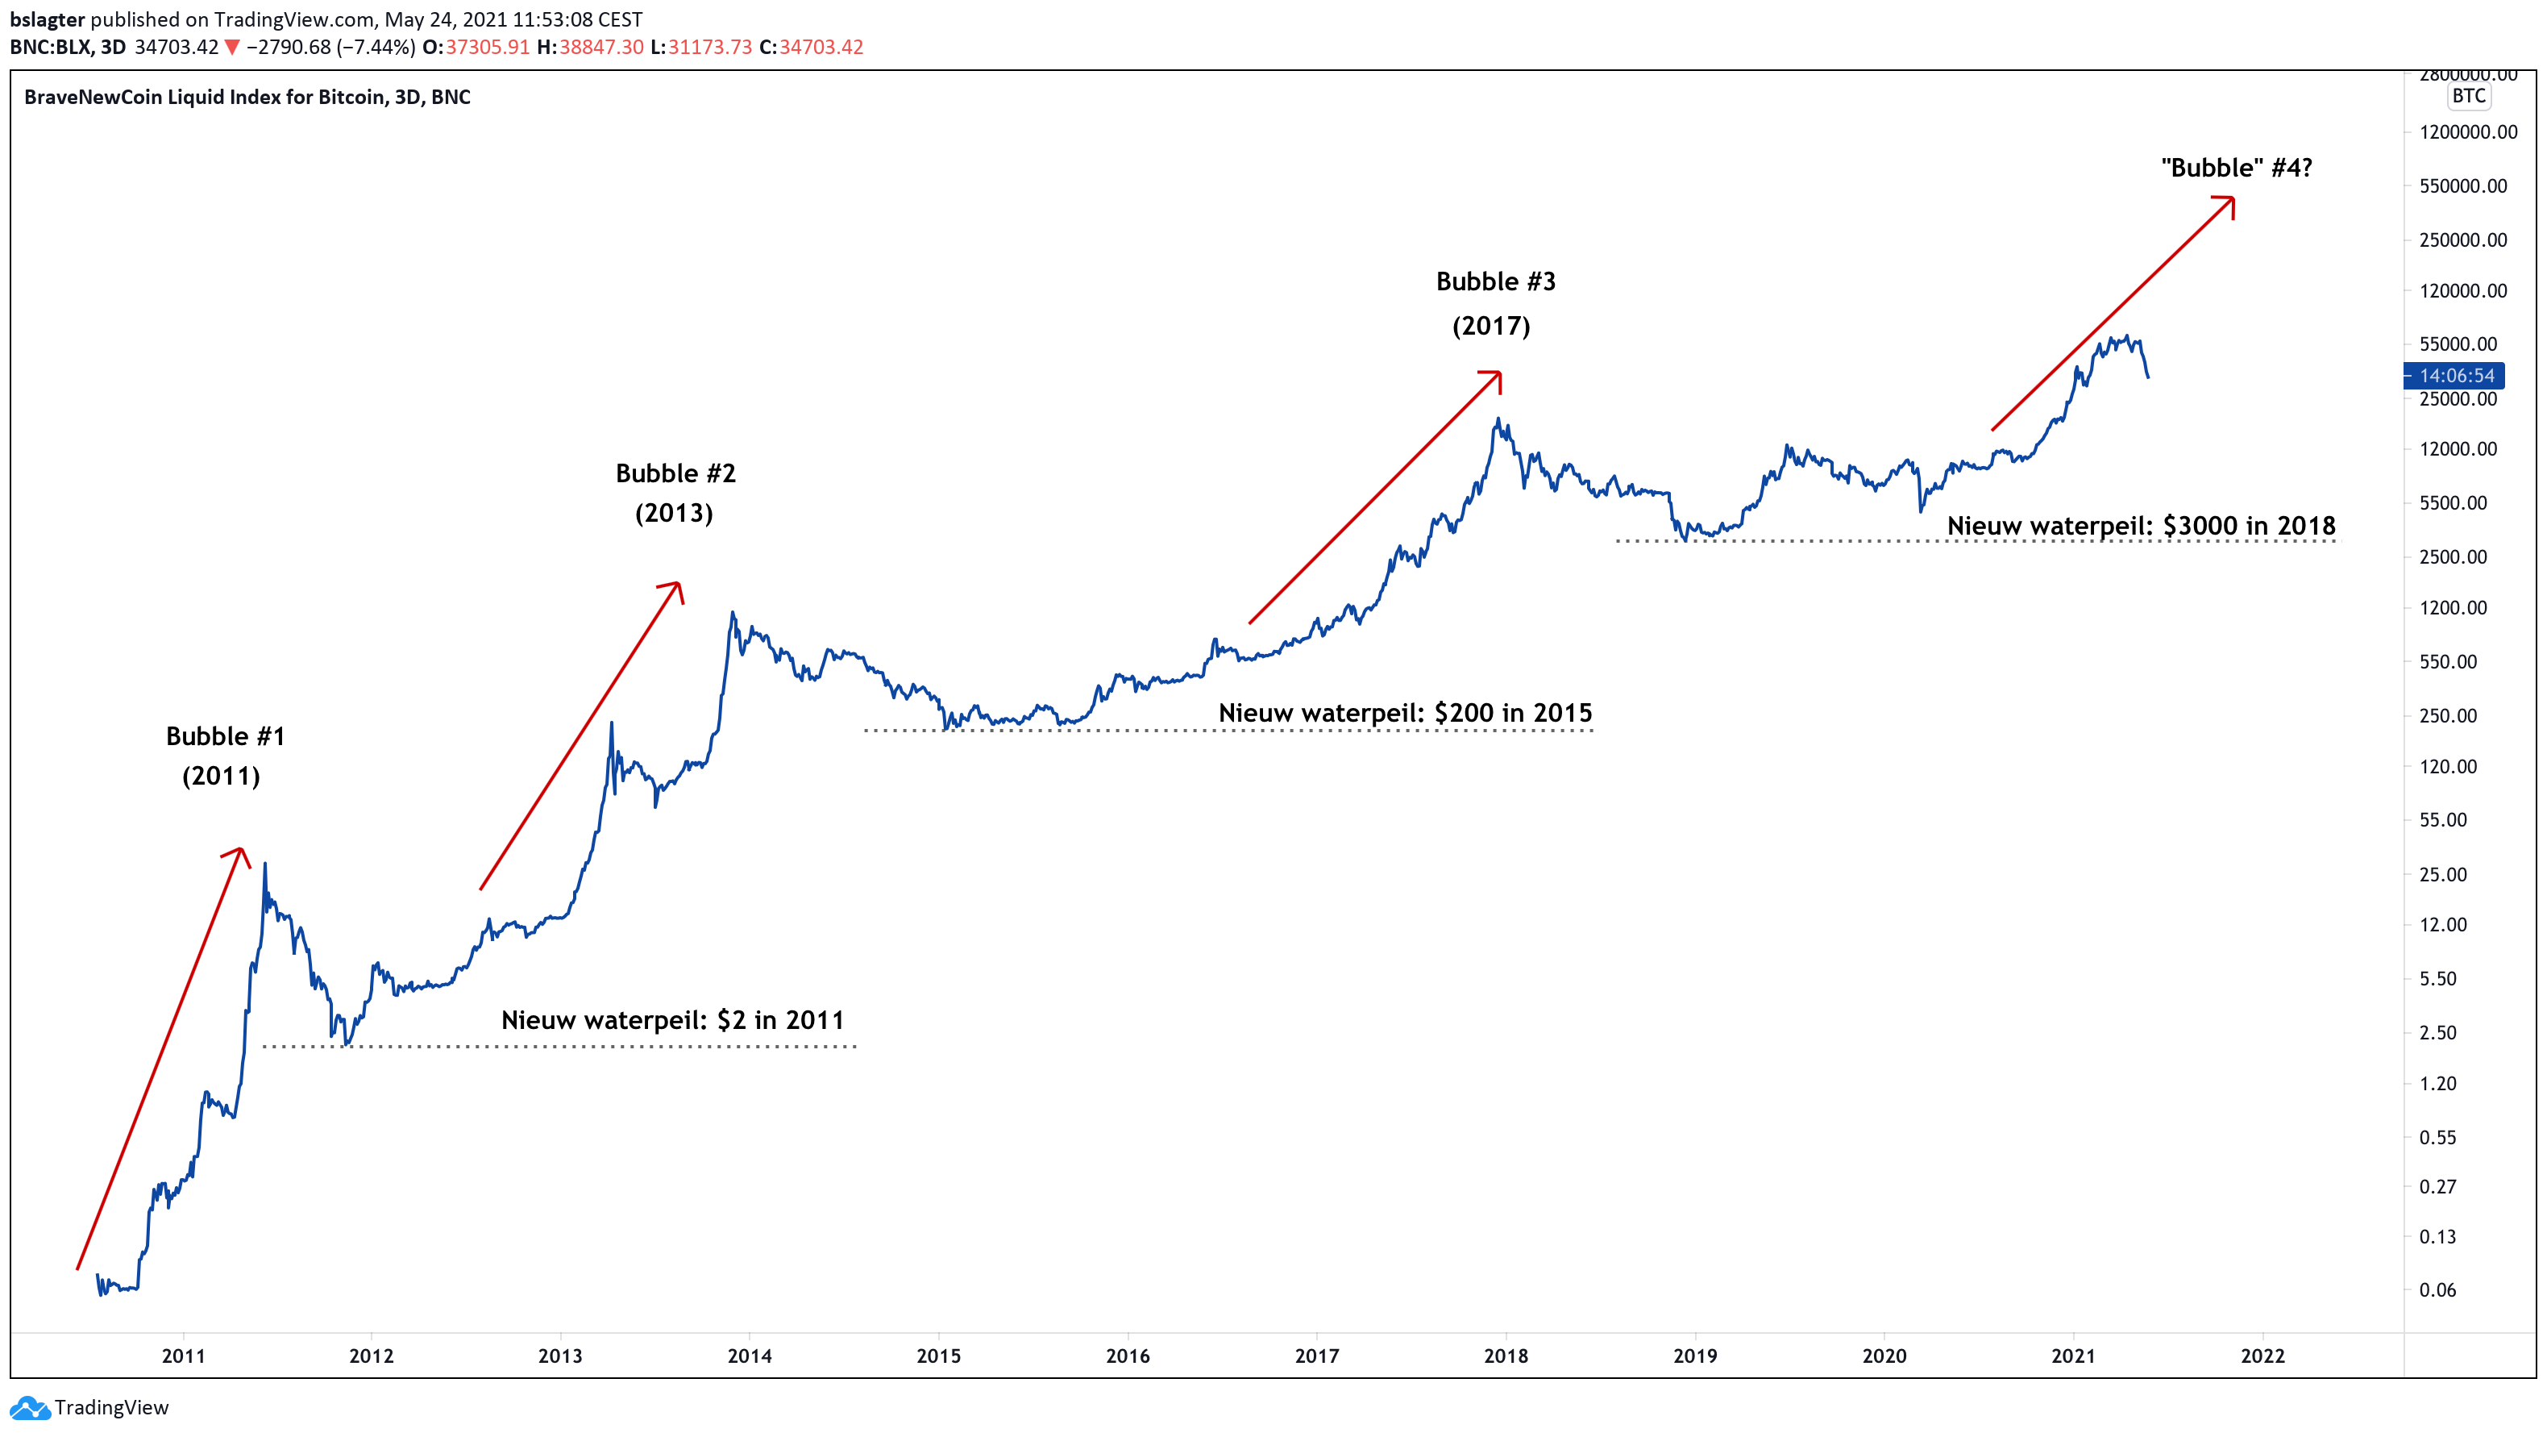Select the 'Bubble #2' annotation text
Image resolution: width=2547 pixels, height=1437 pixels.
tap(675, 473)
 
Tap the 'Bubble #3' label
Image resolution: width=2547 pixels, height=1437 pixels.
tap(1495, 282)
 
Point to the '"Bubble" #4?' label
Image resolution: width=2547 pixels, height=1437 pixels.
tap(2237, 168)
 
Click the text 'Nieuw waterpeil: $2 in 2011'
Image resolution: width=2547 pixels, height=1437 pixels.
tap(672, 1021)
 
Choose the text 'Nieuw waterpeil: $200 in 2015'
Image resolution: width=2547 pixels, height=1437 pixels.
tap(1405, 713)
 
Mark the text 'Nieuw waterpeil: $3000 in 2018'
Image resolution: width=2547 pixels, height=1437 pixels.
tap(2141, 526)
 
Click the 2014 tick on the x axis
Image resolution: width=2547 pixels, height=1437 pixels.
tap(750, 1356)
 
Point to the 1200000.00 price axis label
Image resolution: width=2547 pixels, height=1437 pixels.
tap(2468, 132)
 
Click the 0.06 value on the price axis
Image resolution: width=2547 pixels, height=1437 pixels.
tap(2437, 1289)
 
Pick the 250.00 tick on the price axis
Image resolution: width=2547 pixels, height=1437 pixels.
tap(2447, 716)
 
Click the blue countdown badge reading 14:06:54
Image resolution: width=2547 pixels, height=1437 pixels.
tap(2456, 376)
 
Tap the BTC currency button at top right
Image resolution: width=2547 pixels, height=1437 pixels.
tap(2469, 96)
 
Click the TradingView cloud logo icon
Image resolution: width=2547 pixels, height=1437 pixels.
tap(29, 1407)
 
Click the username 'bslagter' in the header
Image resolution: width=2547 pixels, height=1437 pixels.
tap(48, 20)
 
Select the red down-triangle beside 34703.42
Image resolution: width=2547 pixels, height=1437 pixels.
tap(231, 48)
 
